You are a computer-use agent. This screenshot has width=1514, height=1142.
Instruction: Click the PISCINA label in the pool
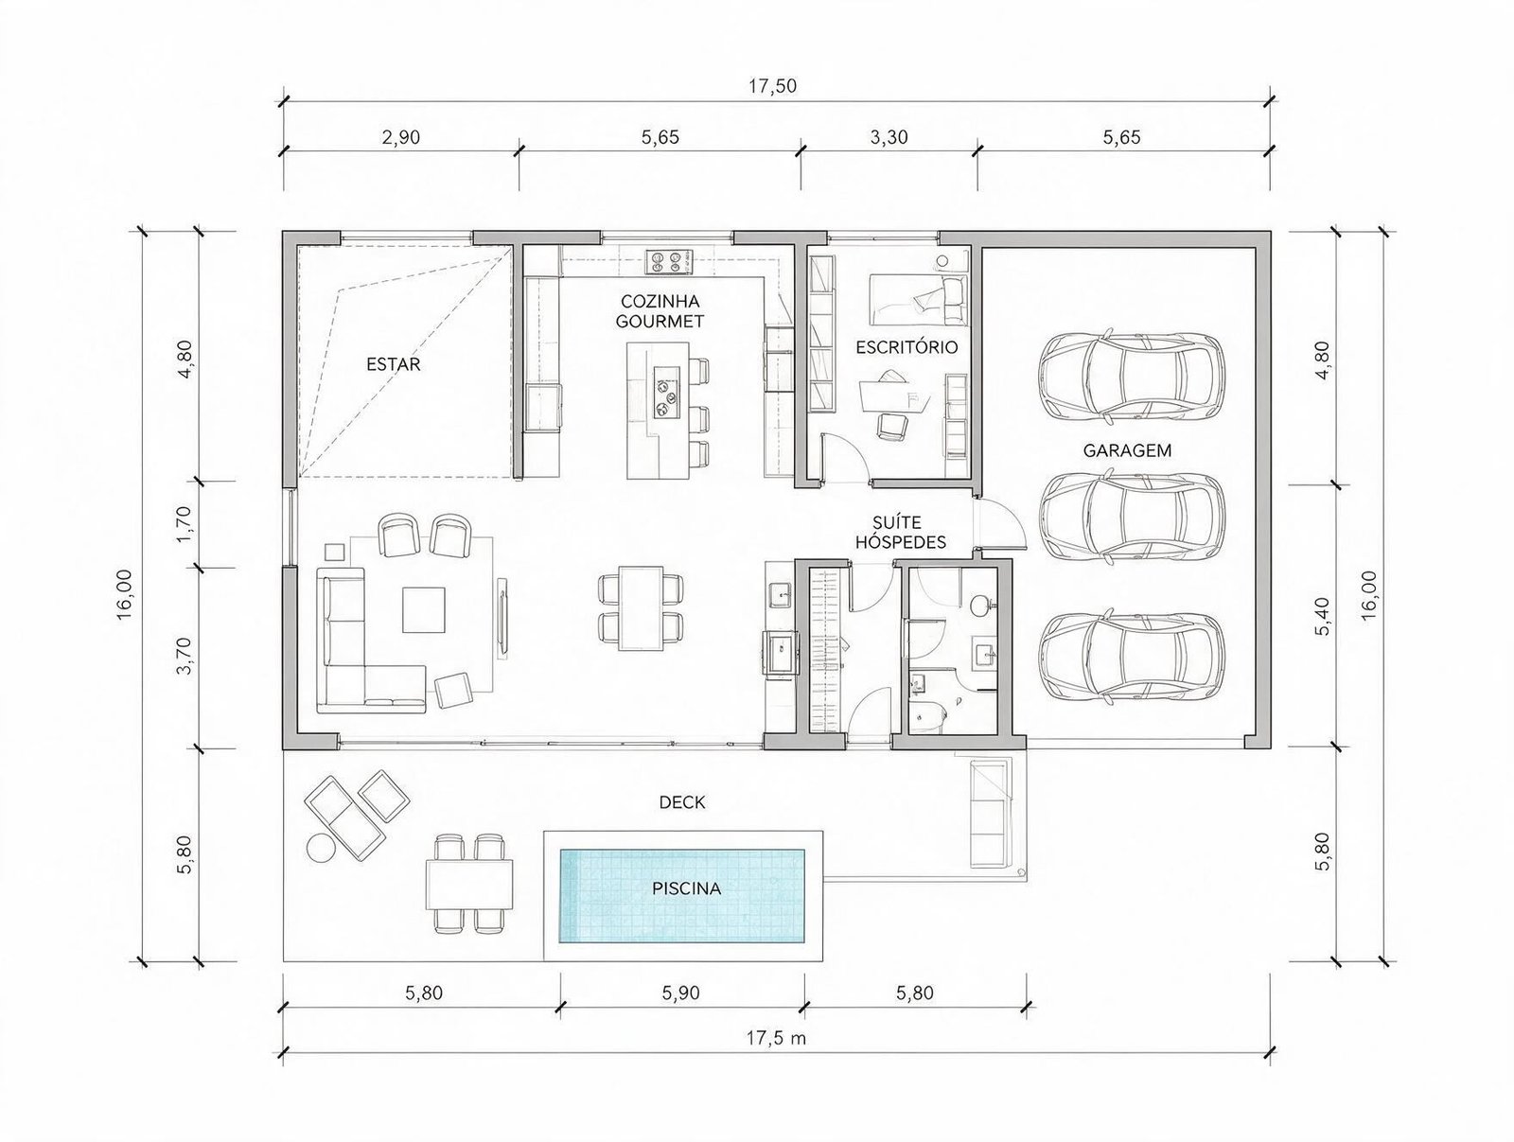click(686, 888)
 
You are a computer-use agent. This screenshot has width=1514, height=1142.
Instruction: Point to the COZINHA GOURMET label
click(660, 311)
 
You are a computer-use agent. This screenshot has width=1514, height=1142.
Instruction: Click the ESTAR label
click(393, 364)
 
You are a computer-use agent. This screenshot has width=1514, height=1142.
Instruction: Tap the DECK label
click(682, 802)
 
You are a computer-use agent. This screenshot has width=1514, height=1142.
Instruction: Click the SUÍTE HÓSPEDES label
click(900, 532)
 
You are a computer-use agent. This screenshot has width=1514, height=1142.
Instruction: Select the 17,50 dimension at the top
click(772, 86)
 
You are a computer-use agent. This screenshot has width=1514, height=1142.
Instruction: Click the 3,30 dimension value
click(889, 137)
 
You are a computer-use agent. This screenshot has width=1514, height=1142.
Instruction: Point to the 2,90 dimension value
click(401, 137)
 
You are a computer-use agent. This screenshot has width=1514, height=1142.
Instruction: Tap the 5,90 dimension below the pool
click(680, 993)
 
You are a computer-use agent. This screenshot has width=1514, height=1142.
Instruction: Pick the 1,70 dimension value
click(184, 524)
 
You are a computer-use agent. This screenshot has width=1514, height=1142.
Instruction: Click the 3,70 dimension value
click(184, 656)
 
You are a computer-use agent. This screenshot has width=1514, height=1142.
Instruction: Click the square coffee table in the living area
click(425, 609)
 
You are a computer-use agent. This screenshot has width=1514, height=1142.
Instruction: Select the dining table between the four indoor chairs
click(641, 607)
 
